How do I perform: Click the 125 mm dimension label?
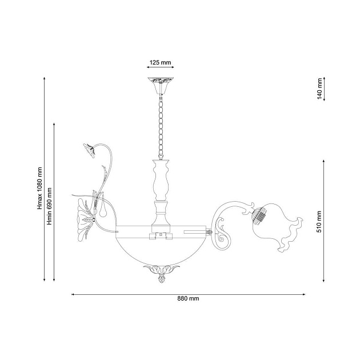tap(160, 62)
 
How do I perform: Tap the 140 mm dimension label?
tap(320, 89)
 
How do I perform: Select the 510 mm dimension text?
tap(319, 222)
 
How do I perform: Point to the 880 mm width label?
tap(188, 298)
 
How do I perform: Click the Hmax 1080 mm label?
tap(40, 188)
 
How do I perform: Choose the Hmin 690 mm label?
tap(49, 206)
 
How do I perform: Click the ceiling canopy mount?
tap(161, 86)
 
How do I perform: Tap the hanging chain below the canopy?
tap(161, 127)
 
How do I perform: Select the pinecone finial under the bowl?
tap(161, 279)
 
